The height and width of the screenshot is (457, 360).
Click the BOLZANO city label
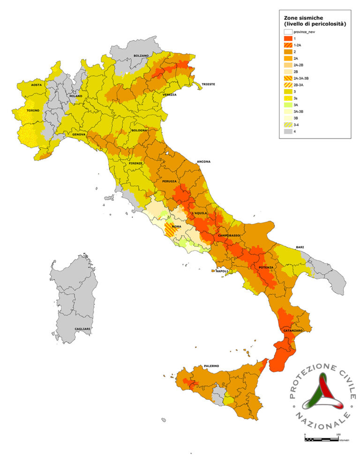[x=141, y=56]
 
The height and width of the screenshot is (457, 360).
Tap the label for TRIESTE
[x=208, y=84]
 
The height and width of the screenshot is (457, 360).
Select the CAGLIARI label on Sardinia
[x=82, y=329]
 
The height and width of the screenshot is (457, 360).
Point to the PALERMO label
[x=211, y=366]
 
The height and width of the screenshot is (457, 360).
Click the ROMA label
[x=177, y=227]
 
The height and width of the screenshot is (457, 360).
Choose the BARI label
[x=300, y=247]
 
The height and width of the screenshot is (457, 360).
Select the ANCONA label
[x=203, y=161]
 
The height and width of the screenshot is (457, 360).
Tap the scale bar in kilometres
[x=322, y=439]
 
